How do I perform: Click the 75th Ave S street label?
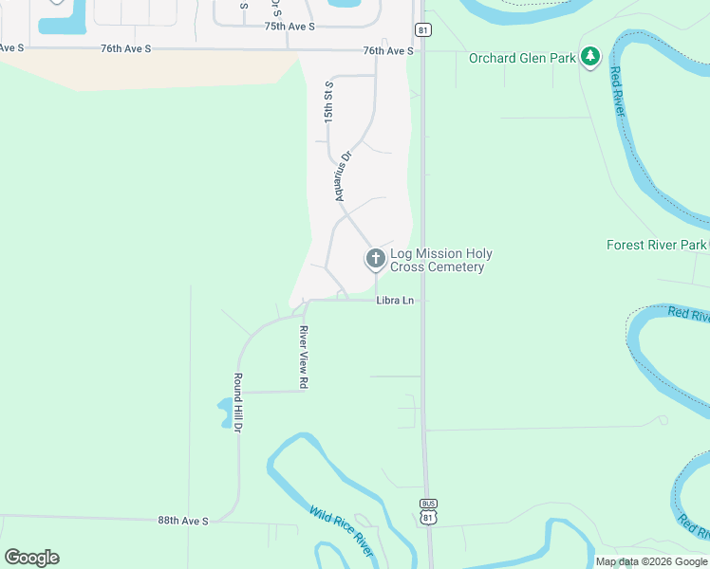coord(290,27)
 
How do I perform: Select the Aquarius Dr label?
coord(343,176)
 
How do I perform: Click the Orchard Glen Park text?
coord(522,58)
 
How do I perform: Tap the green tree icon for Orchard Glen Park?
coord(590,57)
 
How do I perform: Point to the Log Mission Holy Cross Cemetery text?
coord(440,260)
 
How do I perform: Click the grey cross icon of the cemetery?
coord(375,258)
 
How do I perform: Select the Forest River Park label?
coord(657,245)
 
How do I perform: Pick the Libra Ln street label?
coord(395,301)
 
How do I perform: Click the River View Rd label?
coord(305,358)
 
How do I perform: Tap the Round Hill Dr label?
coord(238,403)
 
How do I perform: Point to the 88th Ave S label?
coord(182,521)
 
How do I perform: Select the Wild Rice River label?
coord(340,531)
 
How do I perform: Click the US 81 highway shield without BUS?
coord(423,29)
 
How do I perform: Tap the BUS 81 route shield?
coord(429,512)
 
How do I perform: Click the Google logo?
coord(31,558)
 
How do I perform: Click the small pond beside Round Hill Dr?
coord(225,411)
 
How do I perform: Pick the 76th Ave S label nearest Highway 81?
coord(387,50)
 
